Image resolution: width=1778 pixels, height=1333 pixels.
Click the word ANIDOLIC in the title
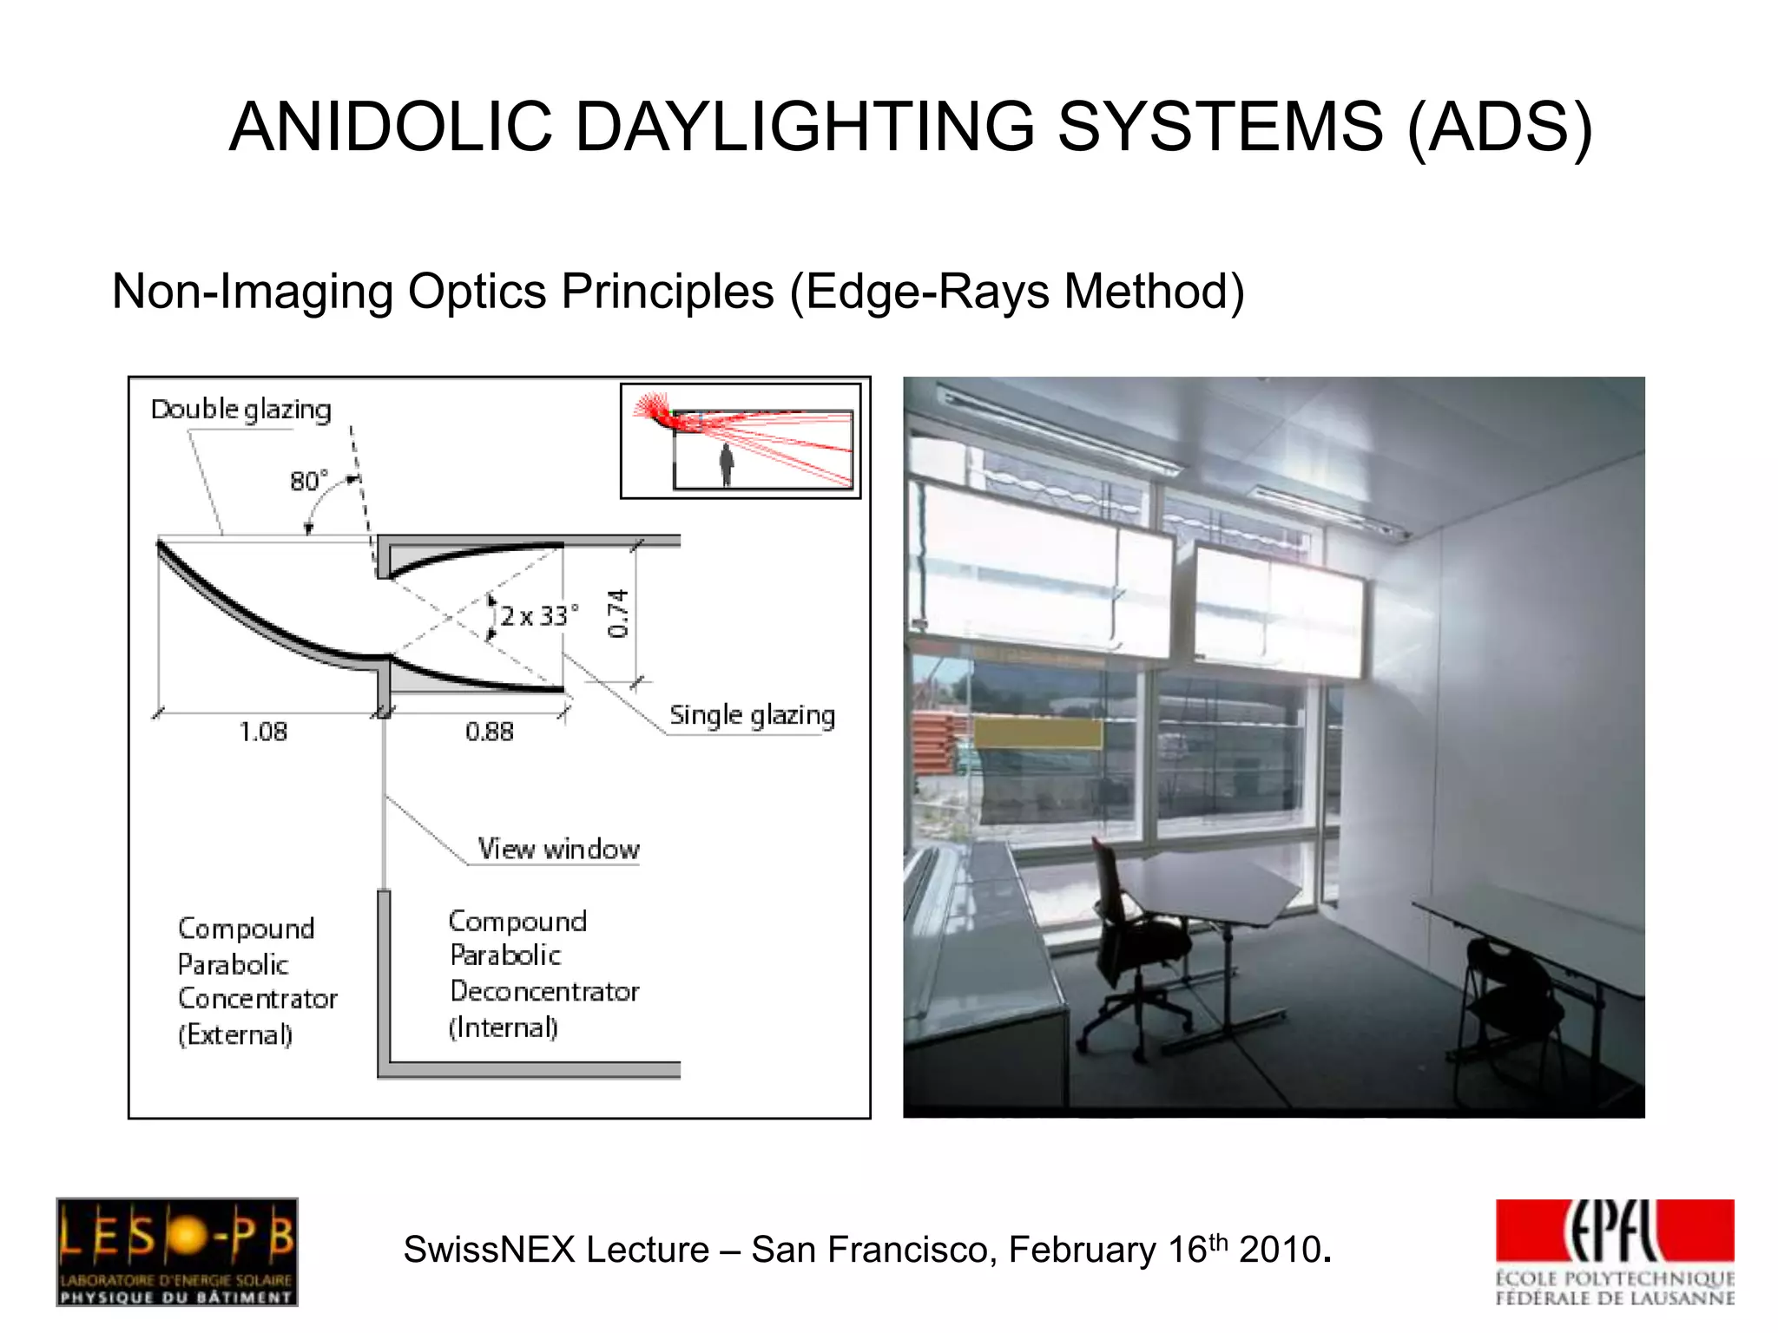point(390,127)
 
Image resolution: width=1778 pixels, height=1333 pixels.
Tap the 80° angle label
point(309,481)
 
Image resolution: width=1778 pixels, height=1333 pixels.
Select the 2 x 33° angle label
point(537,616)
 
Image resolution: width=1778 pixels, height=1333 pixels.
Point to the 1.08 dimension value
point(263,732)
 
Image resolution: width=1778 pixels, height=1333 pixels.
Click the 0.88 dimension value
point(489,732)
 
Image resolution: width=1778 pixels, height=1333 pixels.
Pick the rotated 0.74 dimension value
point(617,613)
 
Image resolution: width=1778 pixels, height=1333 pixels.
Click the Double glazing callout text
point(240,410)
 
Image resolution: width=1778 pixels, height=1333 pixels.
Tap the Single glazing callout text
point(752,715)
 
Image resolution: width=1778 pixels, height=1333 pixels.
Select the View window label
point(558,849)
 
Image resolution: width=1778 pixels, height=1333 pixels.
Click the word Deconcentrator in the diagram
point(544,991)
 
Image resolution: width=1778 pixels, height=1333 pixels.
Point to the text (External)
point(235,1034)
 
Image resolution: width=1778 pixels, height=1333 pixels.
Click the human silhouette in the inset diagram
point(726,465)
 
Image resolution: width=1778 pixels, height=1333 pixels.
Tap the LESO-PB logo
point(177,1251)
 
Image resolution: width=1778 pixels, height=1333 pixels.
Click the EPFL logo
point(1614,1251)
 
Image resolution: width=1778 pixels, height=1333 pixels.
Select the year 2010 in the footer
point(1280,1251)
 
